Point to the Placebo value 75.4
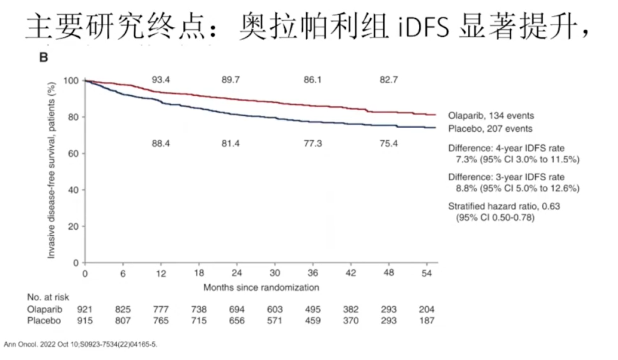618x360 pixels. (x=389, y=143)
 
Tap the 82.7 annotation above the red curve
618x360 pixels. (x=389, y=80)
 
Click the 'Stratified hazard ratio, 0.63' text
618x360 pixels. (x=504, y=207)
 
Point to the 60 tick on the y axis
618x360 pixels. (x=73, y=153)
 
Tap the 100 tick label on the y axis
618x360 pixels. (x=70, y=81)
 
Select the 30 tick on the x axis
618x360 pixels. (x=275, y=274)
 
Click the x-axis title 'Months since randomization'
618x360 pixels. (x=261, y=286)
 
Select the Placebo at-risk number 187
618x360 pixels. (x=426, y=321)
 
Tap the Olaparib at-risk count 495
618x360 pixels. (x=312, y=309)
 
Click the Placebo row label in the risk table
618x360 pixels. (x=44, y=321)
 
